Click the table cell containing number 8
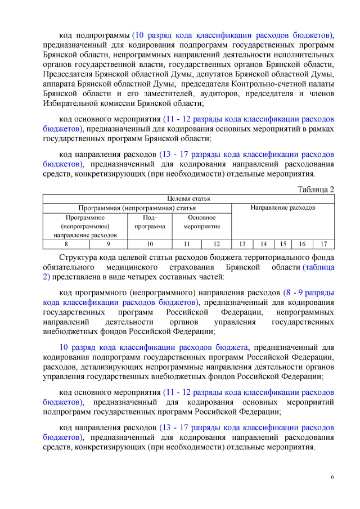66,244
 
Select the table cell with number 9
108,244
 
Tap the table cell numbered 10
150,244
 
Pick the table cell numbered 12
217,244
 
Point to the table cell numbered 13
242,244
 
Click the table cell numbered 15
283,244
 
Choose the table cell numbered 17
323,244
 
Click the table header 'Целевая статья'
188,199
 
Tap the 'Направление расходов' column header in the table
283,208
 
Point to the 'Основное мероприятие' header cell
202,222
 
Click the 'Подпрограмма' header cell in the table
150,222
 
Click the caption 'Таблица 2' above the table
315,189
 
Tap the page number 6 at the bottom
332,478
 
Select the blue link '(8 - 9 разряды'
309,293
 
